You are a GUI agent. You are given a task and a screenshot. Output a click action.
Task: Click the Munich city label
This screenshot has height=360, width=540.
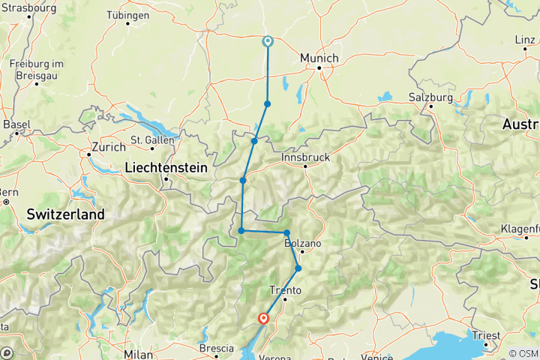[x=319, y=58]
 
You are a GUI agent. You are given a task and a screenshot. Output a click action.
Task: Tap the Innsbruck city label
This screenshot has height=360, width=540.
[x=305, y=158]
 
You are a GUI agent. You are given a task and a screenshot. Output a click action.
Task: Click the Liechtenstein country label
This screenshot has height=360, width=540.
[x=166, y=168]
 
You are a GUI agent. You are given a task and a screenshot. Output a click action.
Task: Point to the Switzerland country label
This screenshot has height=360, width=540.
[x=65, y=214]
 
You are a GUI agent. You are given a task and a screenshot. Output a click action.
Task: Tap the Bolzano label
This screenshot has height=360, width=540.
[x=303, y=244]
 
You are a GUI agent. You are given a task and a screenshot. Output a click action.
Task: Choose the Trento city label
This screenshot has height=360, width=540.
[x=285, y=289]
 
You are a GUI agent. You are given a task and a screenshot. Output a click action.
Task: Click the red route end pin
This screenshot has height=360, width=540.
[x=263, y=319]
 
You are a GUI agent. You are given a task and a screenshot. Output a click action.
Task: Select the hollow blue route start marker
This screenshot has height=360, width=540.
[x=267, y=42]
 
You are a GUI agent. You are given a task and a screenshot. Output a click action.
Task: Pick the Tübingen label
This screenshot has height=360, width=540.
[x=127, y=14]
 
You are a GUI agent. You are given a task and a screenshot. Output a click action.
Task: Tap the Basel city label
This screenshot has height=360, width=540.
[x=16, y=124]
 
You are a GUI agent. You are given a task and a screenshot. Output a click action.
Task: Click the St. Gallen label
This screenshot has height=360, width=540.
[x=152, y=139]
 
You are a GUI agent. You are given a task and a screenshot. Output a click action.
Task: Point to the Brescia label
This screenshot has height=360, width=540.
[x=215, y=348]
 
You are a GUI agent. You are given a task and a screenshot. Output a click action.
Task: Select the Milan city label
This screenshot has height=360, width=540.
[x=139, y=353]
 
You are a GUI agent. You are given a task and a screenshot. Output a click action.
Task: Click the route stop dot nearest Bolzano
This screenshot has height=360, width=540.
[x=286, y=232]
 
